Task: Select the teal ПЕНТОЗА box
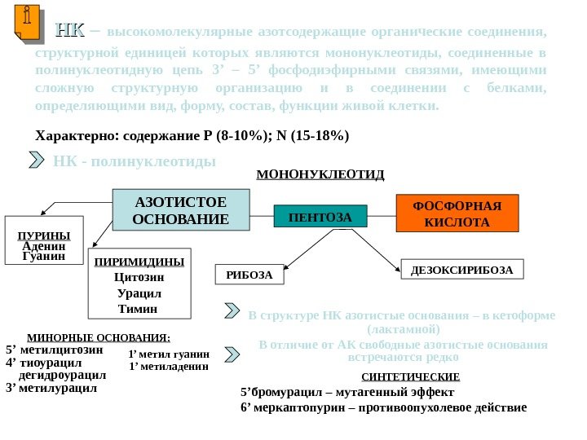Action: (x=320, y=217)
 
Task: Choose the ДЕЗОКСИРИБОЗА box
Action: (x=461, y=270)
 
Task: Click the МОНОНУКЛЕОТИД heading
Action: (x=320, y=174)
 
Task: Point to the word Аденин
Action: (x=45, y=246)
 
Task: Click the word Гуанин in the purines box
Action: (x=45, y=256)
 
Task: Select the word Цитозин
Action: (x=139, y=277)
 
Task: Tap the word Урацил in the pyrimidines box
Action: (x=139, y=293)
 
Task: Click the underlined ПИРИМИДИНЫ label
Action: (x=139, y=262)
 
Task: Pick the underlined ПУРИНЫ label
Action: (x=45, y=235)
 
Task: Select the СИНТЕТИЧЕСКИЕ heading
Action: (x=410, y=377)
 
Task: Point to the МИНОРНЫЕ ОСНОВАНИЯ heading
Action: (x=99, y=337)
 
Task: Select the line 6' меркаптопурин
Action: (x=383, y=407)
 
